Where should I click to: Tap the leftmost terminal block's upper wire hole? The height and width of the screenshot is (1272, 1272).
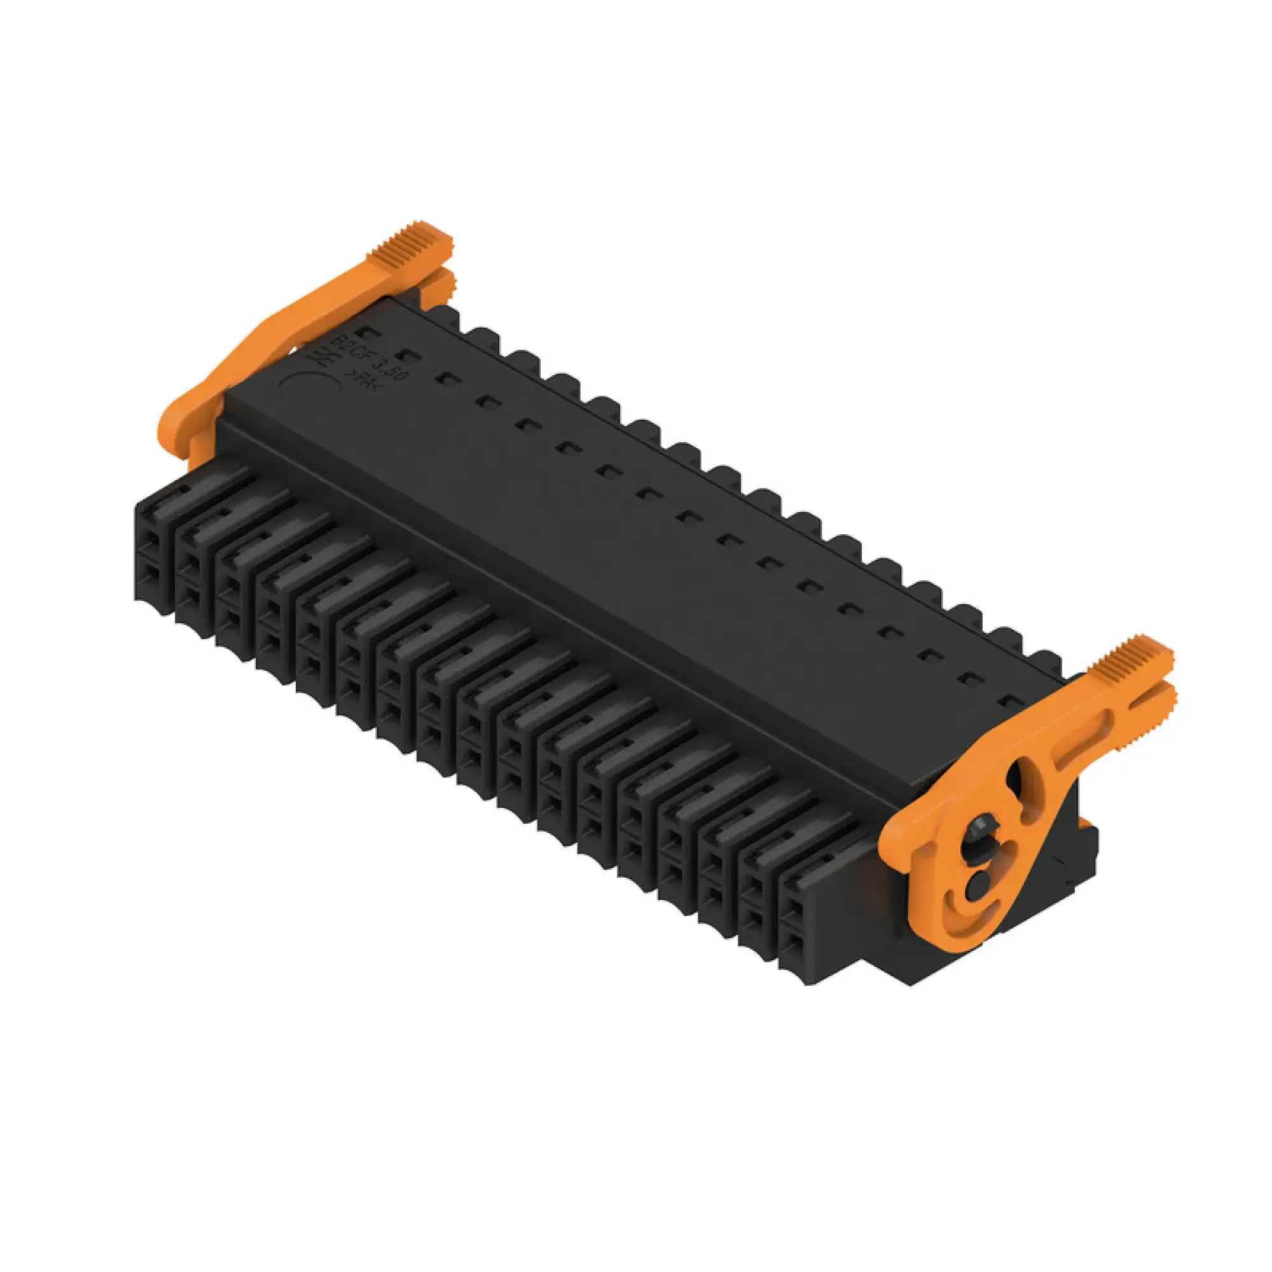click(150, 543)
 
